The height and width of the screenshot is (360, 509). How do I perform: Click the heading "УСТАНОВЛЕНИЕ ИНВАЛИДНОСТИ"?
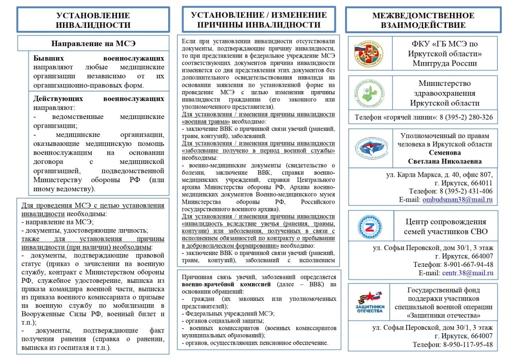[93, 20]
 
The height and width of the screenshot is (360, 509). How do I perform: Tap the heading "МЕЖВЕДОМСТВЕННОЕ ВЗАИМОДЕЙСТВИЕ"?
[423, 20]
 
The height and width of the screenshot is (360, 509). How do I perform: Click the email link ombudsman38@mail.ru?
[457, 200]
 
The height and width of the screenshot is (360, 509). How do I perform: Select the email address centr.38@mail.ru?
[468, 273]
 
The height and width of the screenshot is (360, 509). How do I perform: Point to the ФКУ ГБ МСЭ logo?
[370, 53]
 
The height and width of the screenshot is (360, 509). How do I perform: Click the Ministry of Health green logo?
[370, 93]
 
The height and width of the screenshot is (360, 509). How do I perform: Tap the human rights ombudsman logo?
[370, 148]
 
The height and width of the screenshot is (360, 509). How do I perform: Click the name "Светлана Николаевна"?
[445, 161]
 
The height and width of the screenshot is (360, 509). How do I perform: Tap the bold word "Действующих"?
[58, 98]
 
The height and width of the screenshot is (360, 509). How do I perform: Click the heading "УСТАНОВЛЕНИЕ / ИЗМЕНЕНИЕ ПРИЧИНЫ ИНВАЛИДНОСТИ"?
[258, 20]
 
